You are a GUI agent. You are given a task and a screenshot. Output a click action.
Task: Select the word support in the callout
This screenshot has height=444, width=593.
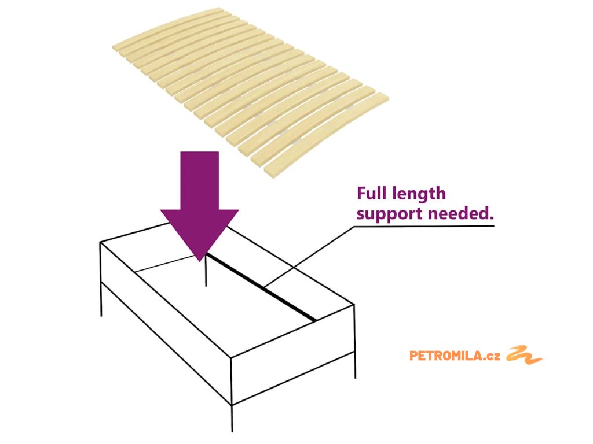click(x=389, y=214)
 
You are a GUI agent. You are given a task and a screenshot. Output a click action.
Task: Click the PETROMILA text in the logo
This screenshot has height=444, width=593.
click(x=445, y=356)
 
